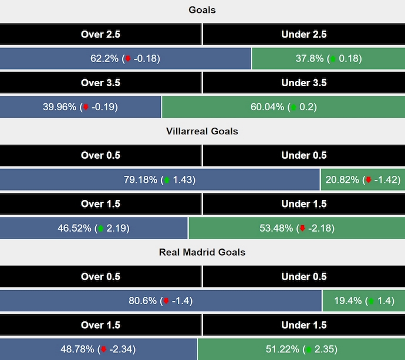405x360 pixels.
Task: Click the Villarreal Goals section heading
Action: coord(202,131)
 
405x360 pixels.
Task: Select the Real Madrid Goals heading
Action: coord(202,252)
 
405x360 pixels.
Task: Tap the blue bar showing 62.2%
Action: coord(126,59)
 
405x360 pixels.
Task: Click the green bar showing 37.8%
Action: coord(328,59)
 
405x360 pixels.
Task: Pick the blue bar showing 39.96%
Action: coord(80,107)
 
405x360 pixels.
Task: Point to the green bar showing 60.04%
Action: coord(283,107)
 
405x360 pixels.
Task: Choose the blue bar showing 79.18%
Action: coord(160,180)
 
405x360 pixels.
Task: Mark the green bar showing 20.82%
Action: coord(363,180)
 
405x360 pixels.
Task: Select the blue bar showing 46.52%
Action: coord(94,228)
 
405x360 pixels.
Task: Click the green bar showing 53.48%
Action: coord(297,228)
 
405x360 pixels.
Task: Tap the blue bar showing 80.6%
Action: coord(161,301)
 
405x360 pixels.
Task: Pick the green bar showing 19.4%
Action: coord(364,301)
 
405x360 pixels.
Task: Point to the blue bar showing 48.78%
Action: coord(98,349)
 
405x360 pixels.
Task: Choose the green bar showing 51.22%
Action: coord(301,349)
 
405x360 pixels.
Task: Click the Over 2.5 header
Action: coord(100,35)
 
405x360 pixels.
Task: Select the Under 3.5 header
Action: coord(304,83)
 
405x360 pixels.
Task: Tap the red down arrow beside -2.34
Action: coord(103,350)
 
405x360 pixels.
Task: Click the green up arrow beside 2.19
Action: coord(100,229)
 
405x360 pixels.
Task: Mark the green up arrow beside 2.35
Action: coord(306,350)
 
